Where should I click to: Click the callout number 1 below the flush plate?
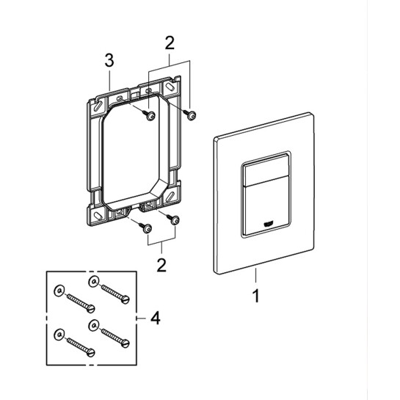coord(256,296)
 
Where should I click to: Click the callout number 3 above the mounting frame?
coord(109,61)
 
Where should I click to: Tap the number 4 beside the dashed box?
coord(155,318)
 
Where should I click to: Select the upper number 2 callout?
coord(170,43)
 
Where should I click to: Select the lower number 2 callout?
coord(161,265)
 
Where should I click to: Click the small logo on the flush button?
coord(268,224)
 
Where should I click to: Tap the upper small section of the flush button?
coord(265,170)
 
